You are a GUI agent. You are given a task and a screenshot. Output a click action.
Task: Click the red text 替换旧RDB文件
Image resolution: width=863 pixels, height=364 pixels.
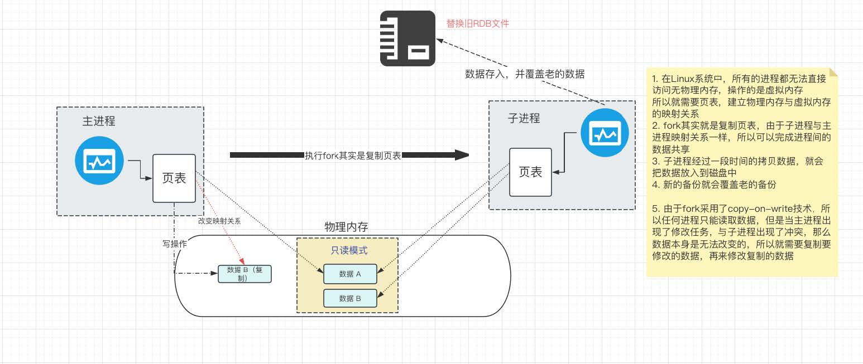[x=477, y=24]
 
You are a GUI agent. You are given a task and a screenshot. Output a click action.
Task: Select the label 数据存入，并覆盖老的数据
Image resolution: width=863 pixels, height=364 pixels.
[x=525, y=74]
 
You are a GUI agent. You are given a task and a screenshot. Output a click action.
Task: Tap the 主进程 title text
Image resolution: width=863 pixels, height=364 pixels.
[x=99, y=121]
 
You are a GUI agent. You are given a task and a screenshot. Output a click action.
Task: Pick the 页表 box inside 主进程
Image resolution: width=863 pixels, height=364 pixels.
[x=174, y=178]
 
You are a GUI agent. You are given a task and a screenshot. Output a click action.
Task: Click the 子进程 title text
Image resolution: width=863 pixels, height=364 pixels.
[x=524, y=118]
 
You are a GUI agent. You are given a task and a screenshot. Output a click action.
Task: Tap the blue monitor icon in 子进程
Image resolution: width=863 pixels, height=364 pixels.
[x=604, y=134]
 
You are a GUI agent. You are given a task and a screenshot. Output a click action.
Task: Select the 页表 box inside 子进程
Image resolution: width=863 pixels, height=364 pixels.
[x=530, y=172]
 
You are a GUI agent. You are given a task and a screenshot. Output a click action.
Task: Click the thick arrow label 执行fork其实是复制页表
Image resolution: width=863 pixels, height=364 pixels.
[x=353, y=156]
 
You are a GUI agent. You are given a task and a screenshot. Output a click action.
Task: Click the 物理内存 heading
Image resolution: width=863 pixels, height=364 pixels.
[x=346, y=227]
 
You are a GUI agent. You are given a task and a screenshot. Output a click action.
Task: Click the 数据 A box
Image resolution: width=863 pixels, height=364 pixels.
[x=350, y=274]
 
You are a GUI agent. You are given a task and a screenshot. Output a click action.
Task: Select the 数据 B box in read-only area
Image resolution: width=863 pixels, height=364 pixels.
[x=350, y=298]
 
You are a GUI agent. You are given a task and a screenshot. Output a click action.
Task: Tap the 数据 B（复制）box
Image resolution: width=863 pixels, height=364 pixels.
[x=244, y=274]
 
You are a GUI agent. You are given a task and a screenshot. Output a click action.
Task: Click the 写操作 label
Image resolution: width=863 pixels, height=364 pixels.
[x=174, y=244]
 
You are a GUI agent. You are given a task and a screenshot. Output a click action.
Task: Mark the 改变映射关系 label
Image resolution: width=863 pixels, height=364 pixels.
[x=219, y=221]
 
